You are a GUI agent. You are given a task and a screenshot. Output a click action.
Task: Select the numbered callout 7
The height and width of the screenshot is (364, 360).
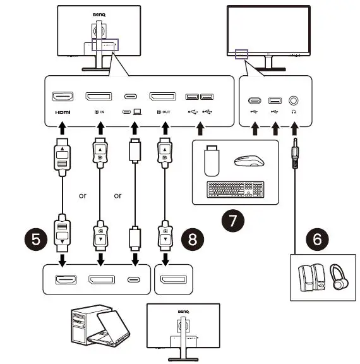point(232,222)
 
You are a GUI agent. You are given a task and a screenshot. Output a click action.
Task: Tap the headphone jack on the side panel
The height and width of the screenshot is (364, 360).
point(294,100)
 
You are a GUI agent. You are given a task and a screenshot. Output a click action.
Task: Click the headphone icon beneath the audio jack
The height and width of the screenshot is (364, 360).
point(294,112)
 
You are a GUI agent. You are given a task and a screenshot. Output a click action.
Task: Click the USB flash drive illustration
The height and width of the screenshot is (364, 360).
point(212,161)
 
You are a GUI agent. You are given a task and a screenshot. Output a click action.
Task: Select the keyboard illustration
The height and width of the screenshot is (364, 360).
point(234,190)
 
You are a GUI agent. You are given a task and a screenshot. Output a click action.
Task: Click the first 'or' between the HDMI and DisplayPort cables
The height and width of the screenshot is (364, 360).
point(82,196)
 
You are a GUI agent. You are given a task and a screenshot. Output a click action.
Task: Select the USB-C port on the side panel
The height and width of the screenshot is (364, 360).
point(255,100)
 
